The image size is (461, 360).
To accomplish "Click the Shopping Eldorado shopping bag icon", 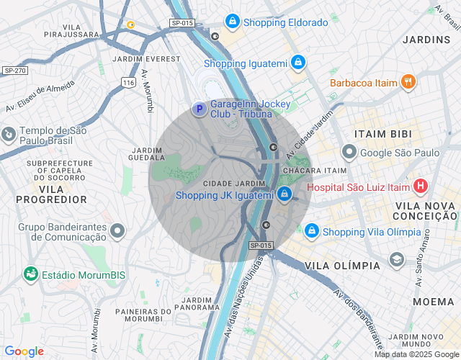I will [x=232, y=22].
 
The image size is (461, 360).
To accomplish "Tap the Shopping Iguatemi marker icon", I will [x=297, y=63].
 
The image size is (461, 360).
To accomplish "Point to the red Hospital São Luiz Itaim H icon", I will [x=421, y=187].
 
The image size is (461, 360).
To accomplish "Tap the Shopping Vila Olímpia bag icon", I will [x=312, y=231].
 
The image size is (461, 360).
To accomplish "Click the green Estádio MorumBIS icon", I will [x=30, y=274].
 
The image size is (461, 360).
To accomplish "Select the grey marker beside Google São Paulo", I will [x=349, y=152].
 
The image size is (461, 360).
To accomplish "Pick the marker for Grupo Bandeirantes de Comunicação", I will [x=118, y=230].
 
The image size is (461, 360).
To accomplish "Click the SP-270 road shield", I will [x=14, y=71].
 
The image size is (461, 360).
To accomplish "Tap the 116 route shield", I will [x=128, y=83].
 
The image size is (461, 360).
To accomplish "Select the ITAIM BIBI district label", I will [x=382, y=134].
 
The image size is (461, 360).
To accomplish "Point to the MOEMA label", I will [x=433, y=302].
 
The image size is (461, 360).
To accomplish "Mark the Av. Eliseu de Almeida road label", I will [x=40, y=96].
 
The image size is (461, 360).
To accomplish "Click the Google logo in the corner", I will [x=23, y=351].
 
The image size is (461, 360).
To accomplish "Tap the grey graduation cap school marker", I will [x=397, y=259].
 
